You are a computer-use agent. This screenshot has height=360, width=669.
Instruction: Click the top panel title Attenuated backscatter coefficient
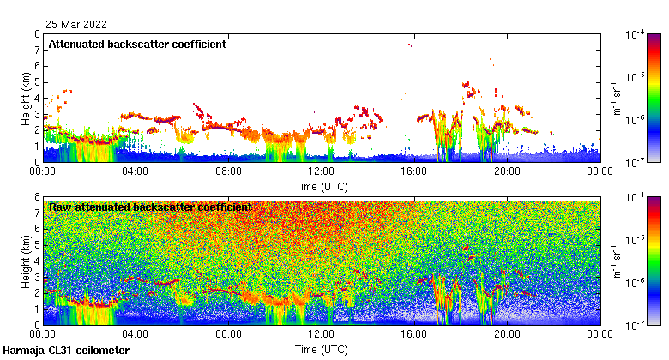coord(137,45)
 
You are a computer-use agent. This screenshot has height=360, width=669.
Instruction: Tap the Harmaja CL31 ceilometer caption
coord(66,351)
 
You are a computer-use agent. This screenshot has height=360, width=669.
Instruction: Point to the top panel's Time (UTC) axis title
coord(321,186)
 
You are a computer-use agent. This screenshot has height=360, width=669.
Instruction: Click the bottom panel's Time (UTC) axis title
coord(321,350)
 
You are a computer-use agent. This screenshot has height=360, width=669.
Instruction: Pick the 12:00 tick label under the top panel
coord(321,171)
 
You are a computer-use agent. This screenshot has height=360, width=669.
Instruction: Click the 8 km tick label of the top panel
coord(36,35)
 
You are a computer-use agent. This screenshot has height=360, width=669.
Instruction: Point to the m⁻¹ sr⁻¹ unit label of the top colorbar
coord(618,98)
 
